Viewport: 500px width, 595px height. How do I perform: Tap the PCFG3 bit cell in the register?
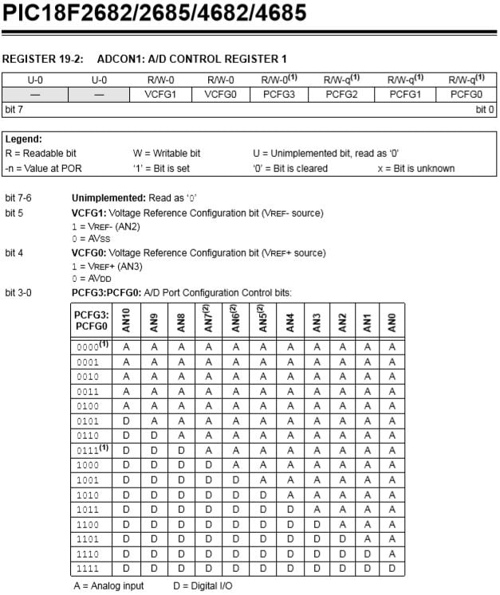pos(281,94)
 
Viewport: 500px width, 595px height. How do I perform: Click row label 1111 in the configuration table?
pos(88,568)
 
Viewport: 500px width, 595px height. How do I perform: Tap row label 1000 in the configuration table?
pos(88,464)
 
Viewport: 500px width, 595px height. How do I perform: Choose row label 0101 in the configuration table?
pos(88,421)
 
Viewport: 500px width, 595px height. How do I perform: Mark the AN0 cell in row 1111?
pos(392,568)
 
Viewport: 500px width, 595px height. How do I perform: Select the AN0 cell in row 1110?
pos(392,554)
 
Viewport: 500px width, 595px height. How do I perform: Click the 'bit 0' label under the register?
pos(485,108)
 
